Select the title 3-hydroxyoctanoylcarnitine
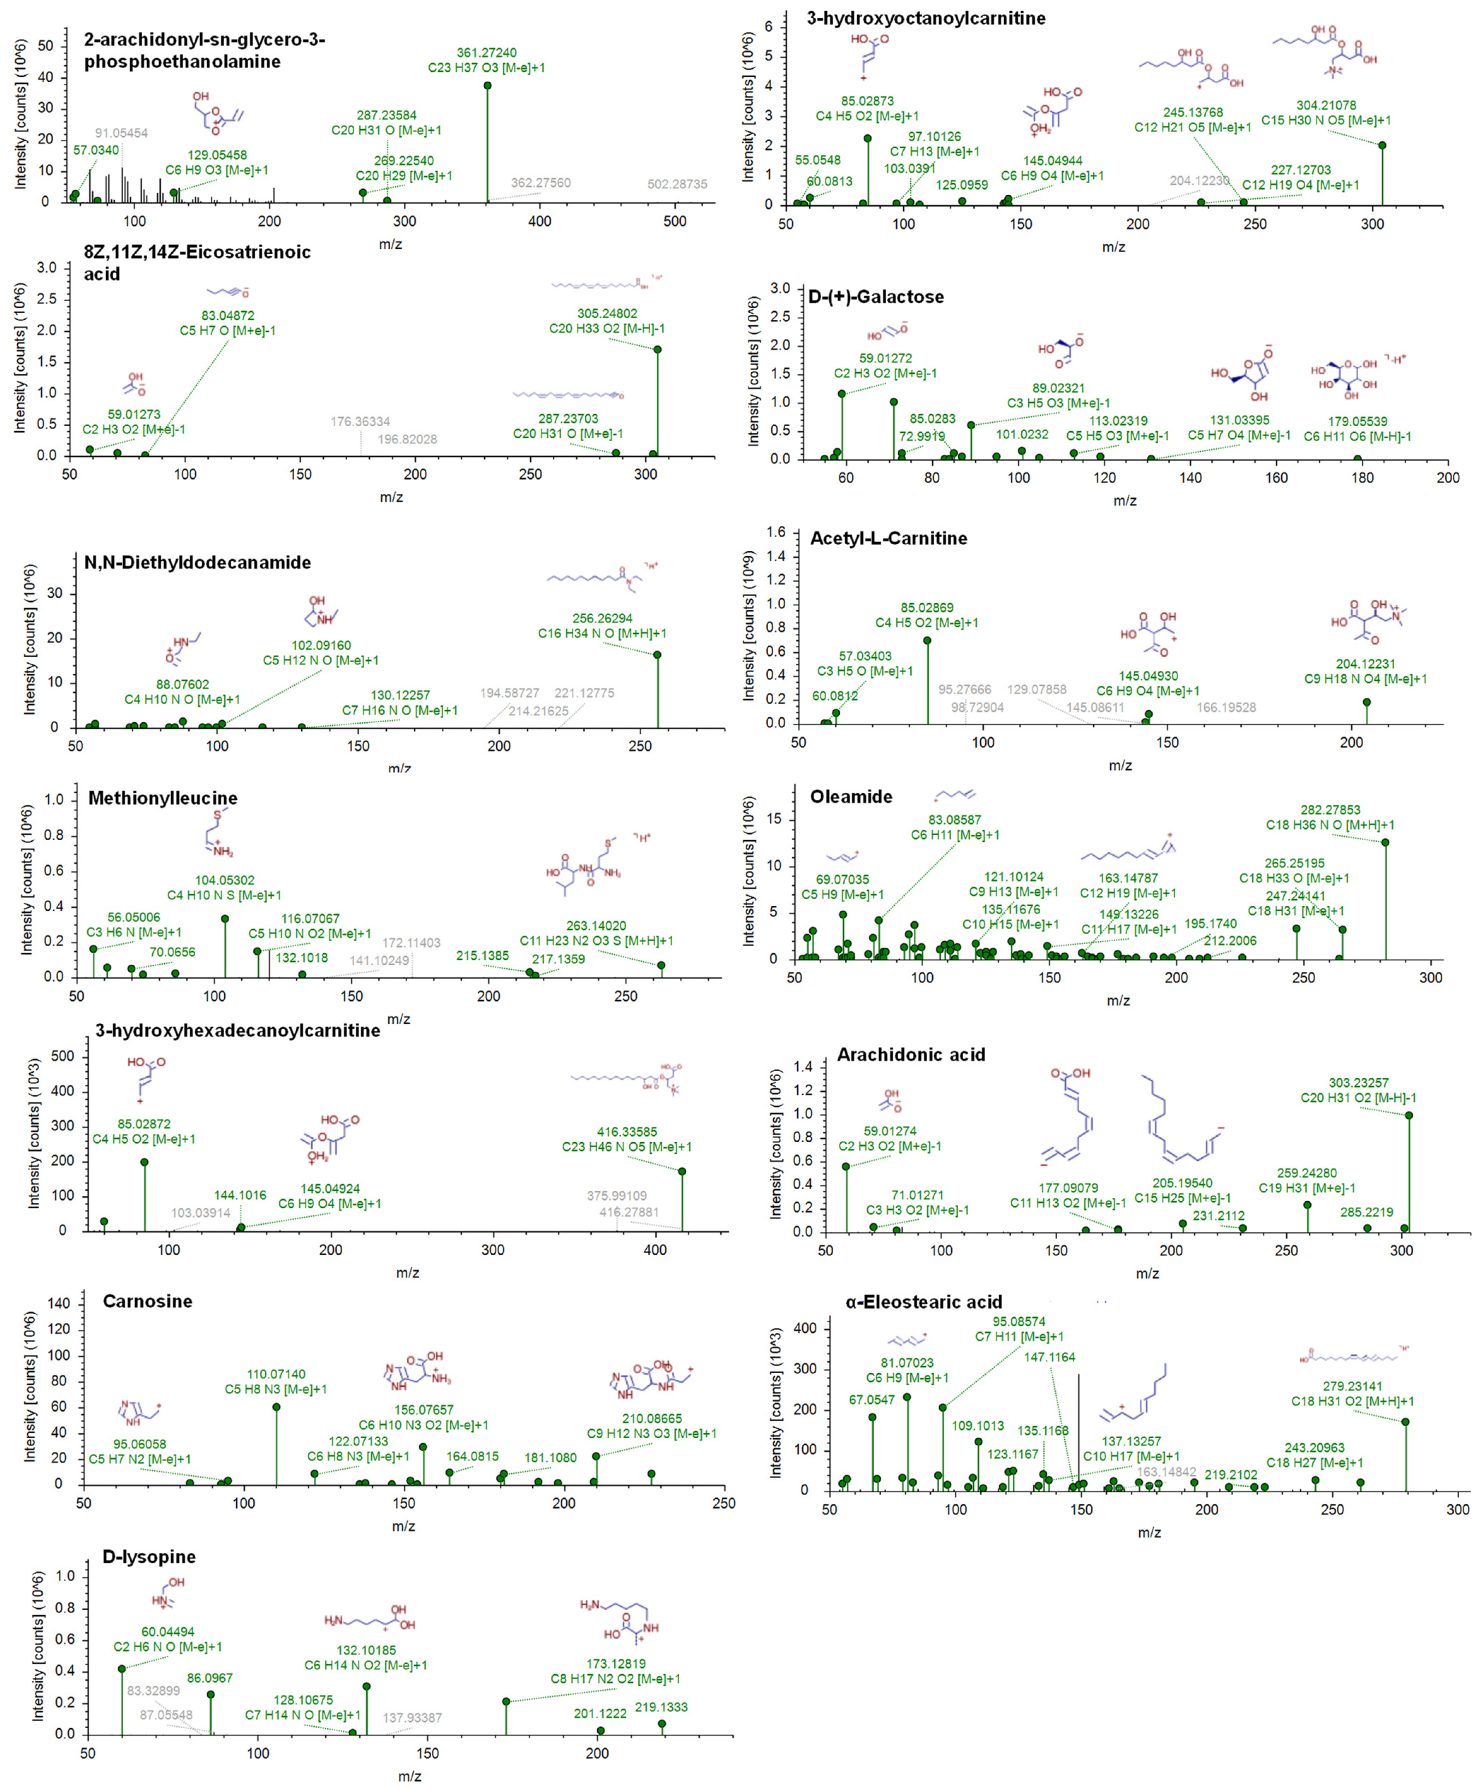point(926,18)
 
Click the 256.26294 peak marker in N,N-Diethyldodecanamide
point(656,655)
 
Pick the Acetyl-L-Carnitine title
point(888,538)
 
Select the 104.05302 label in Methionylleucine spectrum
point(224,880)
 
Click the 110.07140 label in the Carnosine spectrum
point(276,1374)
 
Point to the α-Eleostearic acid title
point(924,1302)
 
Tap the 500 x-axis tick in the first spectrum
point(674,221)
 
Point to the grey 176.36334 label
point(360,421)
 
